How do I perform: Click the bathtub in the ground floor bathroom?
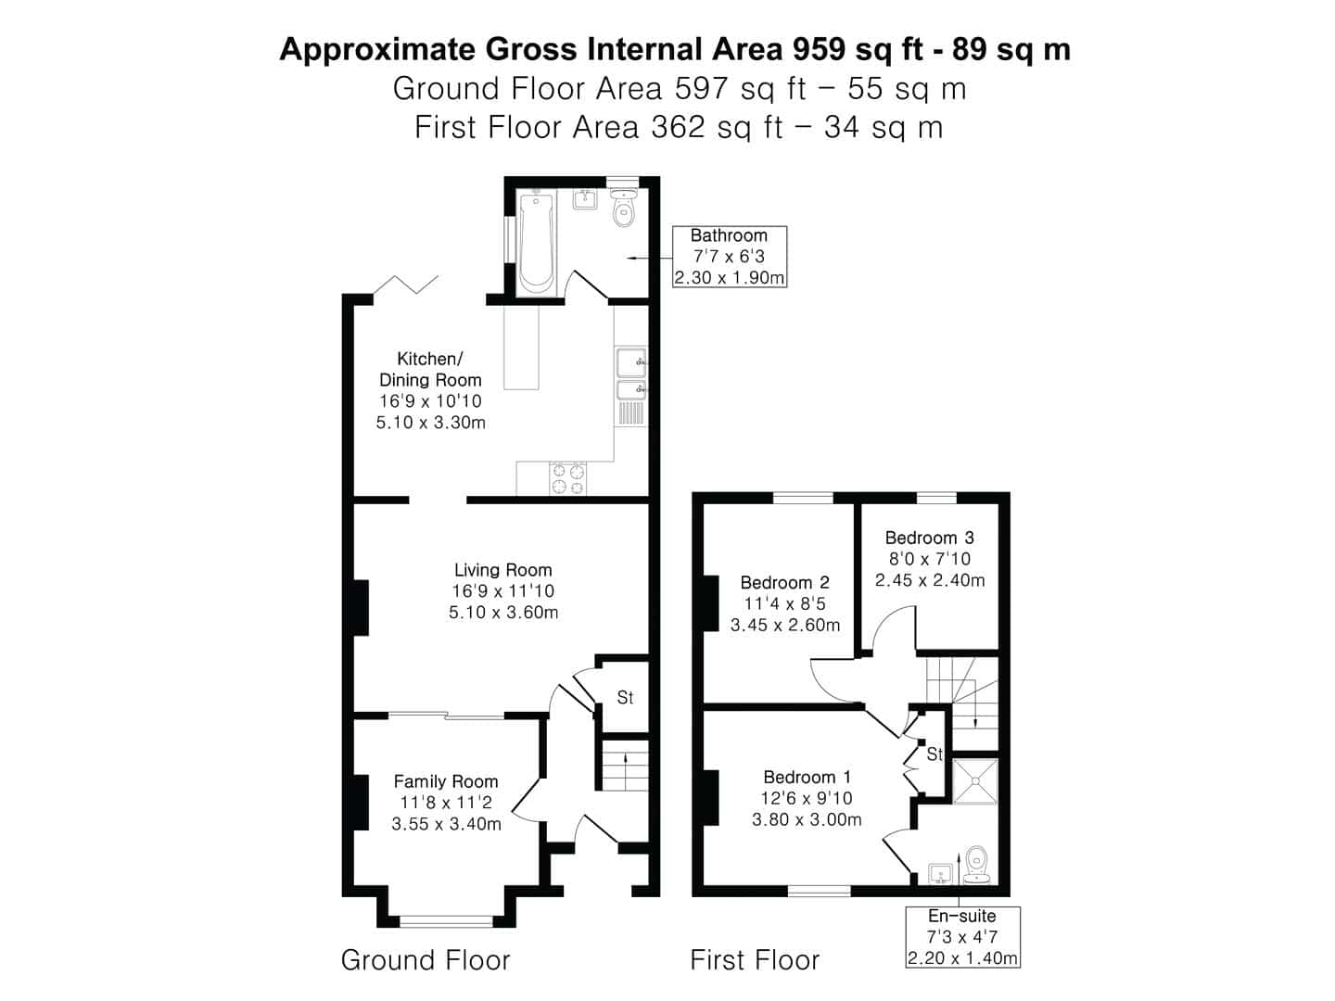tap(536, 243)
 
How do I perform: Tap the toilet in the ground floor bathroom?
tap(624, 209)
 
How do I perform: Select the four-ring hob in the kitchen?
tap(568, 478)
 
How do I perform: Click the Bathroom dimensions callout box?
tap(729, 257)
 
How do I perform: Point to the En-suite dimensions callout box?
tap(962, 937)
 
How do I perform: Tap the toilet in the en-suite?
tap(976, 865)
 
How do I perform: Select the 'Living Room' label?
tap(502, 570)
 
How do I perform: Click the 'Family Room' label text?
tap(445, 781)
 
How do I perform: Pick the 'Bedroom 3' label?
tap(929, 538)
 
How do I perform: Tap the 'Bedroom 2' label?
tap(784, 582)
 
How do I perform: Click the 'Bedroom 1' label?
tap(807, 777)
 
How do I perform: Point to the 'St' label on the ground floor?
tap(625, 697)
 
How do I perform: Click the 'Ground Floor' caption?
tap(426, 959)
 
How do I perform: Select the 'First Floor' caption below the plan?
tap(755, 959)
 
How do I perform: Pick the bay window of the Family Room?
tap(446, 920)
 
